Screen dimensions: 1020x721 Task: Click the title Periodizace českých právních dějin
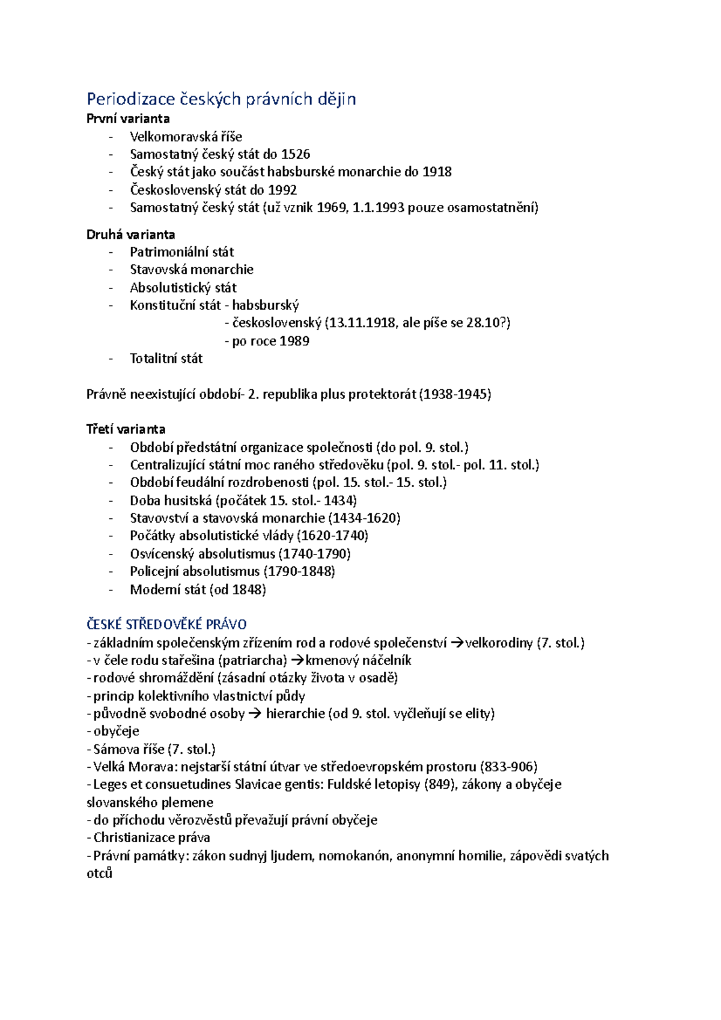tap(221, 99)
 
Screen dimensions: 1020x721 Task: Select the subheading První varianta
tap(128, 118)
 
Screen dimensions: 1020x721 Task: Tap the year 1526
tap(296, 154)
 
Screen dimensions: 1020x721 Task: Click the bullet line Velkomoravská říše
tap(186, 136)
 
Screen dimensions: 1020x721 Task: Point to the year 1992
tap(282, 190)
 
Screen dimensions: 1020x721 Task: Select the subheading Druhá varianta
tap(130, 234)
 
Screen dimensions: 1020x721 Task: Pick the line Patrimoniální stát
tap(181, 252)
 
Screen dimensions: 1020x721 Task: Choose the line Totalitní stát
tap(166, 359)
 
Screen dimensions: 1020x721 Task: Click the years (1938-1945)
tap(455, 394)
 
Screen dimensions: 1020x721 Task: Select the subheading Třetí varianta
tap(126, 429)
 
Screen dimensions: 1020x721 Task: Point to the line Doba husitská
tap(171, 500)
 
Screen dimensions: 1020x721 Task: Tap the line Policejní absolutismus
tap(195, 571)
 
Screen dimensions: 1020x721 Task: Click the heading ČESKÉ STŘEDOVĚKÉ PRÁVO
tap(166, 624)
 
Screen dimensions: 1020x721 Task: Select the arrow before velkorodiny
tap(457, 643)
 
